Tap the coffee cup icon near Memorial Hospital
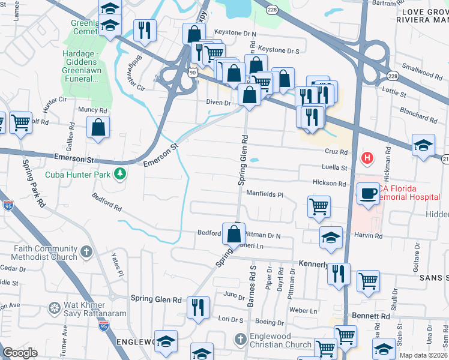[x=367, y=193]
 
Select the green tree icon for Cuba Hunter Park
[x=121, y=174]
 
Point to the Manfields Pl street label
[x=264, y=194]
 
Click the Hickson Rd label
[x=329, y=183]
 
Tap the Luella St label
[x=334, y=168]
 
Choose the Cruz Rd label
[x=336, y=152]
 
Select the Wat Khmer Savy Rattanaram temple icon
[x=54, y=309]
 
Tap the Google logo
[x=20, y=353]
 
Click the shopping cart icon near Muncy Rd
[x=20, y=122]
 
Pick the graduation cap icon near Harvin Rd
[x=331, y=237]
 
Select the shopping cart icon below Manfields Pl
[x=319, y=206]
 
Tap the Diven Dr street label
[x=218, y=103]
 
